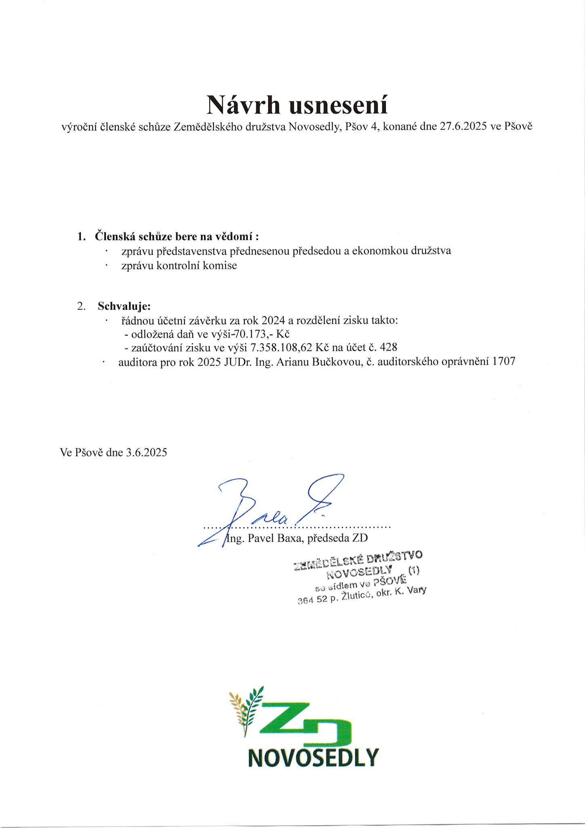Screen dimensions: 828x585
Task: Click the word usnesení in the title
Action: point(339,105)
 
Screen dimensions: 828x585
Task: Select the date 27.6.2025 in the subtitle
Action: point(463,127)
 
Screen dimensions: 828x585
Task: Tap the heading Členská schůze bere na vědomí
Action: point(176,236)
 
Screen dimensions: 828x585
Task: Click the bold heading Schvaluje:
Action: point(124,306)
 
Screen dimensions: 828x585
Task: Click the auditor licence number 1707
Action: point(504,361)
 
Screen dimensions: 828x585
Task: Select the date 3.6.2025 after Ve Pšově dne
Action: point(146,452)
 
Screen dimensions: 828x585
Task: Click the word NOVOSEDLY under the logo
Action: point(313,758)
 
